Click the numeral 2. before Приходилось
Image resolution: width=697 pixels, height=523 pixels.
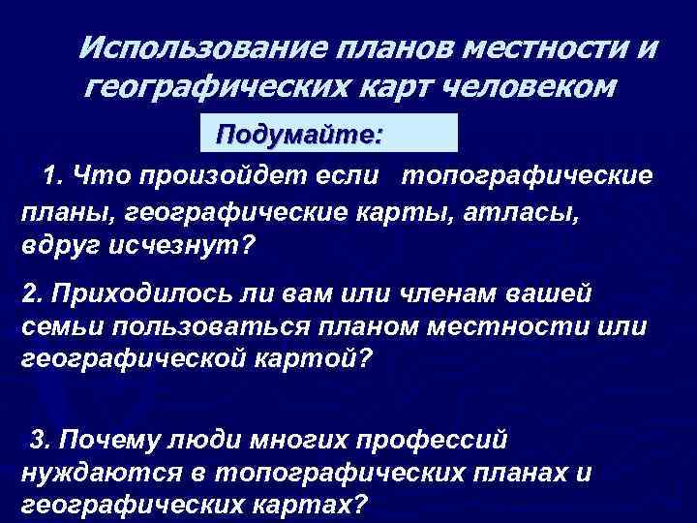click(x=32, y=292)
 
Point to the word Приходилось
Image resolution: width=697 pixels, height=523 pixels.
click(x=127, y=292)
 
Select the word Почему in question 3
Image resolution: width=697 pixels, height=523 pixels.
click(x=106, y=440)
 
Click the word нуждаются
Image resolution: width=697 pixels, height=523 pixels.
click(x=97, y=473)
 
